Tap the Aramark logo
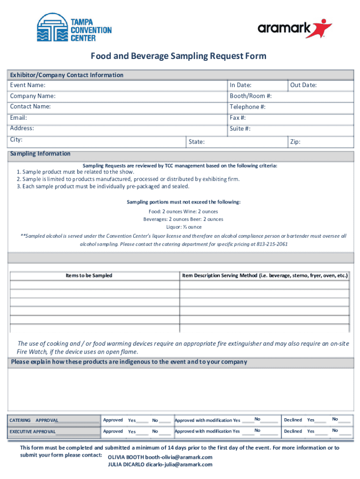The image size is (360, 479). (295, 29)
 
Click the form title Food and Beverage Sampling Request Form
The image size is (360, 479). (179, 57)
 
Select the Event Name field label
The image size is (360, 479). (28, 85)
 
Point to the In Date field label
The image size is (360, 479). (240, 85)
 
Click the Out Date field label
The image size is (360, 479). (303, 85)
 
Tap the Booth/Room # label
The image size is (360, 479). (251, 96)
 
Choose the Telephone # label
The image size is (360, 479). (248, 107)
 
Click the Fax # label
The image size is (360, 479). (238, 117)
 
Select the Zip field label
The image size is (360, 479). (295, 142)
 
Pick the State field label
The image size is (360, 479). (196, 142)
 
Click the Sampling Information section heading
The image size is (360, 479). (40, 153)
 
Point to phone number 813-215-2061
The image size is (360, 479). (272, 244)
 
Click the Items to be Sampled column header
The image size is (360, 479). (89, 276)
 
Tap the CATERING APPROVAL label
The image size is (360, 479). (34, 420)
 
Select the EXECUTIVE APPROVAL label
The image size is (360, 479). (33, 431)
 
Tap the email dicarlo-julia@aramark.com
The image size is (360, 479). (179, 464)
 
